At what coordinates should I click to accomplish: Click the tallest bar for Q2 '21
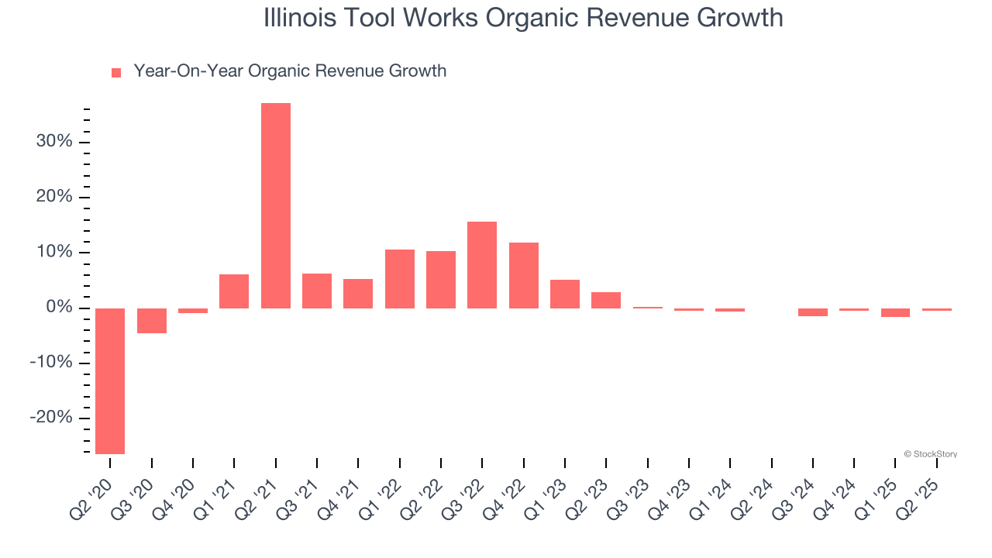pos(276,205)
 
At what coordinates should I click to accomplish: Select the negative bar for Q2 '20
pos(110,381)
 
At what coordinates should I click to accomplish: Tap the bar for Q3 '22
pos(482,265)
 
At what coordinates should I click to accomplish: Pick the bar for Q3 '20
pos(152,321)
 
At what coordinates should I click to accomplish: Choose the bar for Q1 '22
pos(400,279)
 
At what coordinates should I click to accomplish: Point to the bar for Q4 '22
pos(524,275)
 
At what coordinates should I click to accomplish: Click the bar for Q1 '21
pos(234,291)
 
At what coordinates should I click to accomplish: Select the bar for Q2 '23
pos(606,300)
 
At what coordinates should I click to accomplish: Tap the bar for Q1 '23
pos(565,294)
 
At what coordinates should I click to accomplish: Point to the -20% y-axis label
pos(51,418)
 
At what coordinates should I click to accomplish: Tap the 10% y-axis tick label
pos(54,253)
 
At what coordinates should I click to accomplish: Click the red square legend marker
pos(116,73)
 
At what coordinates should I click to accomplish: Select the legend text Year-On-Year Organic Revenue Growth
pos(290,71)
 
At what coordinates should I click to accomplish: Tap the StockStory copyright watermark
pos(930,454)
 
